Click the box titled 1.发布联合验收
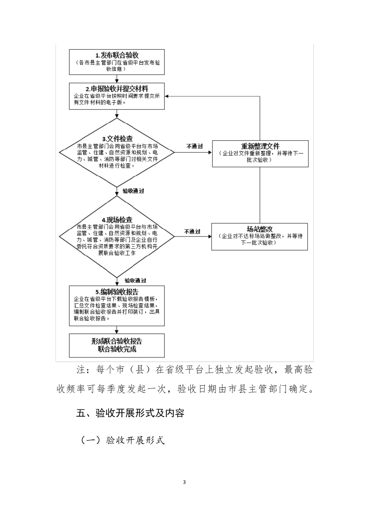click(117, 62)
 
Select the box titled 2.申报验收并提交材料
click(117, 96)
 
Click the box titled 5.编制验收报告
click(117, 306)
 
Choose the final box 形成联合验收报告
click(117, 345)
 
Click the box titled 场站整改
click(259, 237)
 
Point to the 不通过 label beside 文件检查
click(195, 146)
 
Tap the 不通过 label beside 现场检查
click(193, 231)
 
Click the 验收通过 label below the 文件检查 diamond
click(133, 191)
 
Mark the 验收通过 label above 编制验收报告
click(135, 280)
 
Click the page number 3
click(184, 482)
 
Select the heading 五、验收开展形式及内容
click(130, 413)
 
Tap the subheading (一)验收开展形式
click(122, 440)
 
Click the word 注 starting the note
click(81, 369)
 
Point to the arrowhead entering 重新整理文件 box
click(210, 153)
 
